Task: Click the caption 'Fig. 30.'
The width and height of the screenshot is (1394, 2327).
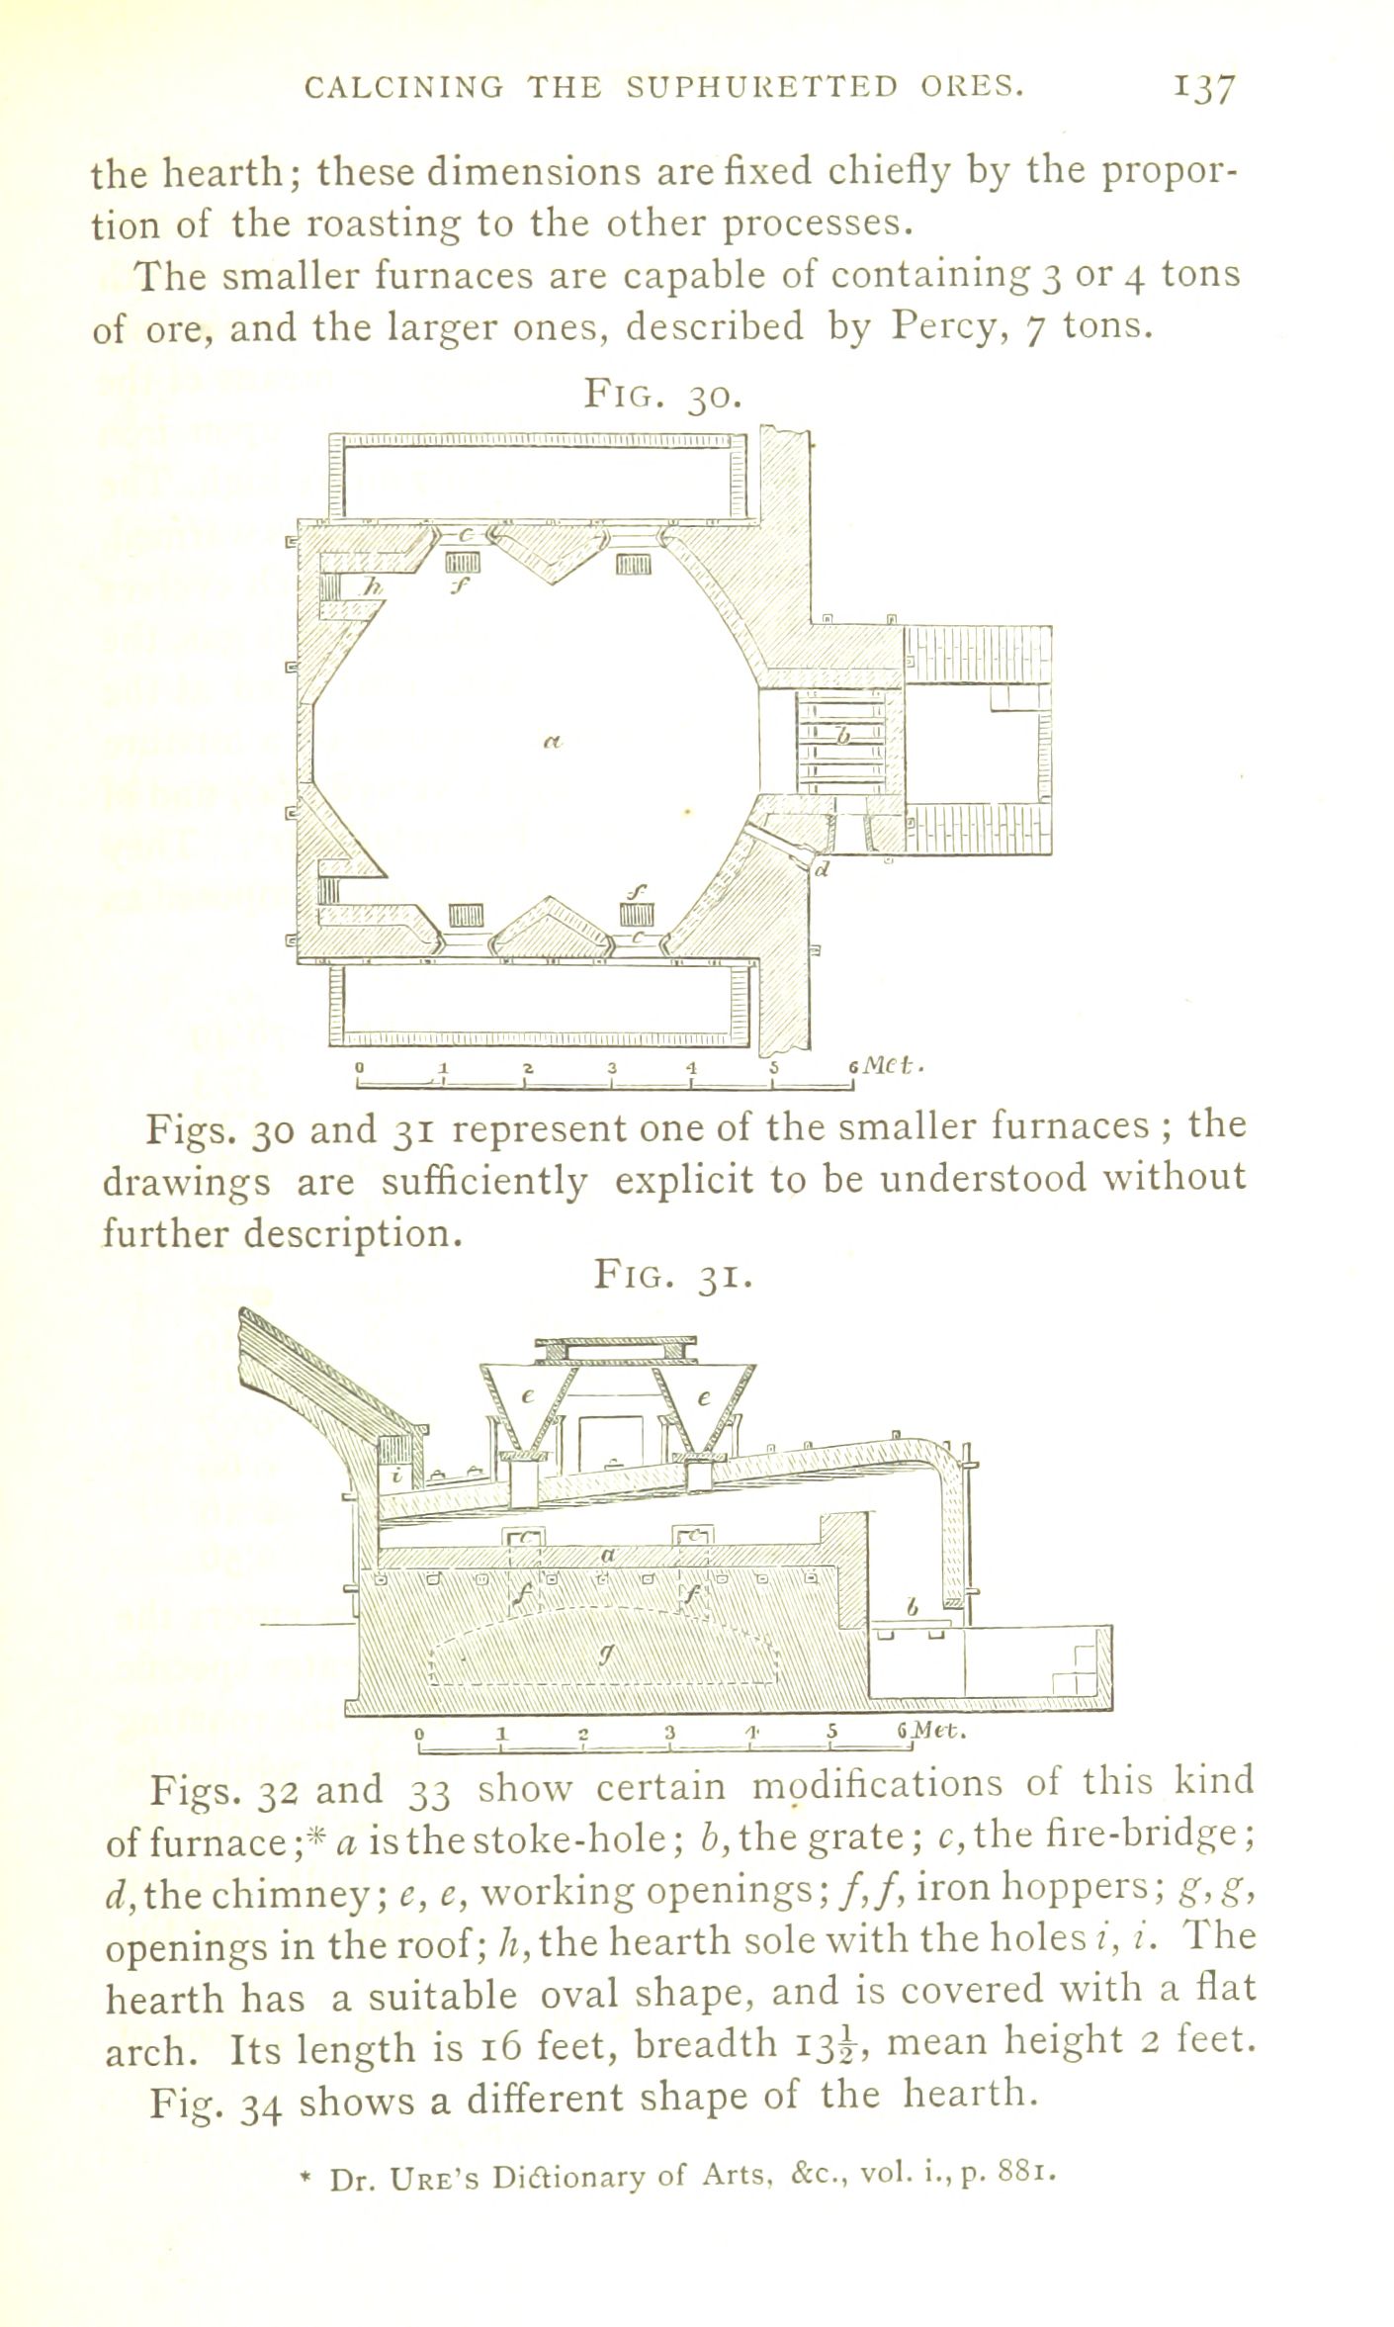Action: (660, 395)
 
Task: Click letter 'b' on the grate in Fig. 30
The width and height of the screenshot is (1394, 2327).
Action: (842, 736)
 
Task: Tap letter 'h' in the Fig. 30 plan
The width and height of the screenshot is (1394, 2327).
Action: (370, 587)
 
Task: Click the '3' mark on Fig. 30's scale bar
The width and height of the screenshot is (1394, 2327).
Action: (612, 1068)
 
